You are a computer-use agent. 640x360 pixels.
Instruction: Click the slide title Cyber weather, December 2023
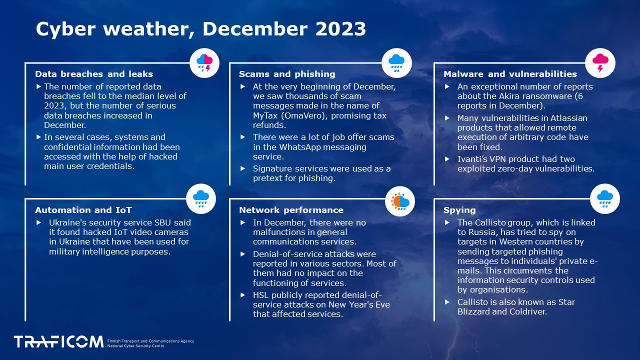click(201, 29)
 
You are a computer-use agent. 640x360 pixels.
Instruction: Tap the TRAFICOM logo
click(58, 341)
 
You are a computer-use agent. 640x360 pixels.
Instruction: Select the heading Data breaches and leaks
click(94, 74)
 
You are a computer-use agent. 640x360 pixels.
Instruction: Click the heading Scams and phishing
click(287, 74)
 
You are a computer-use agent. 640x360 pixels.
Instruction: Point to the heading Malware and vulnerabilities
click(510, 74)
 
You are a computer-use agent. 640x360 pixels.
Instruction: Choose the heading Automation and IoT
click(83, 210)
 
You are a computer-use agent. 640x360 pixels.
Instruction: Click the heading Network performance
click(291, 210)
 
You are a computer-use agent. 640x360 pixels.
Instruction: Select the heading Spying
click(459, 210)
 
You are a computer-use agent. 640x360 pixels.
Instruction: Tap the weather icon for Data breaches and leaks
click(204, 63)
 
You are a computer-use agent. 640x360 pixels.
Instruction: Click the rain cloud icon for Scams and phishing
click(396, 63)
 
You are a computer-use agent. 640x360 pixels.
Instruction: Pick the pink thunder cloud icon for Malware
click(600, 63)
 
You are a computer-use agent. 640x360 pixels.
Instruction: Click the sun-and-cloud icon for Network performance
click(400, 201)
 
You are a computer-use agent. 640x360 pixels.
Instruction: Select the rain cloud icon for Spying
click(605, 199)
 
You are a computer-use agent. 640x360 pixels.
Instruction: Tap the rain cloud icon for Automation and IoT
click(201, 199)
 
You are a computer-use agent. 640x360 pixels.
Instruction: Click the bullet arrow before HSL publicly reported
click(243, 295)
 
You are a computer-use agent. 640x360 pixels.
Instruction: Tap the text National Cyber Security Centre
click(135, 346)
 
